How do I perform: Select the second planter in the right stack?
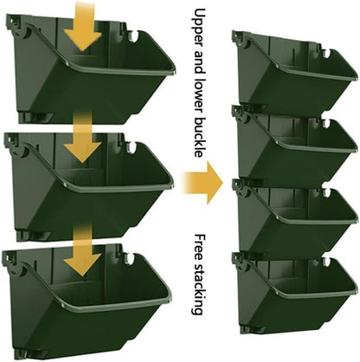[x=294, y=147]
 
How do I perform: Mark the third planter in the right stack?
[x=294, y=221]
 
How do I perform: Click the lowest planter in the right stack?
[x=294, y=294]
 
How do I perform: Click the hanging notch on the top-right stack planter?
[x=327, y=50]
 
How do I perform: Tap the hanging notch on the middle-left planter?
[x=134, y=148]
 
